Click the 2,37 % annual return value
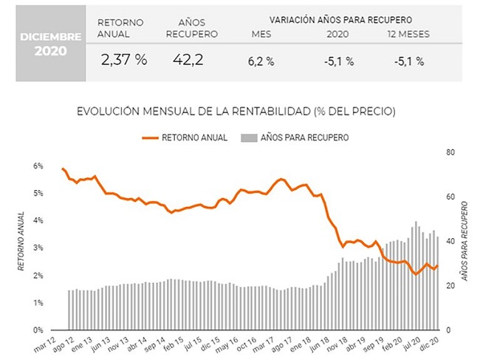pos(124,60)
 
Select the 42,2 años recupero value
pos(188,59)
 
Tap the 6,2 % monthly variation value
pos(261,61)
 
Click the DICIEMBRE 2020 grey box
pos(51,43)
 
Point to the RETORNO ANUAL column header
pos(120,28)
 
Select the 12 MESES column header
pos(408,34)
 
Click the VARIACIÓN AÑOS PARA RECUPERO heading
pos(340,20)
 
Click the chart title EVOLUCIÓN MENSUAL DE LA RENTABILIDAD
pos(236,112)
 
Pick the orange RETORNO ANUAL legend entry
pos(185,137)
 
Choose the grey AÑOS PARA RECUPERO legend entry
pos(295,137)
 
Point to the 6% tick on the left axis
pos(38,166)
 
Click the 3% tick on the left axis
pos(38,248)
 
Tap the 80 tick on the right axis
pos(450,152)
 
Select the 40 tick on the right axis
pos(450,242)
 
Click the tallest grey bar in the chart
pos(416,276)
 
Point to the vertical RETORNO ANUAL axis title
pos(21,242)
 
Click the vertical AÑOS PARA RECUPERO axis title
pos(465,241)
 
